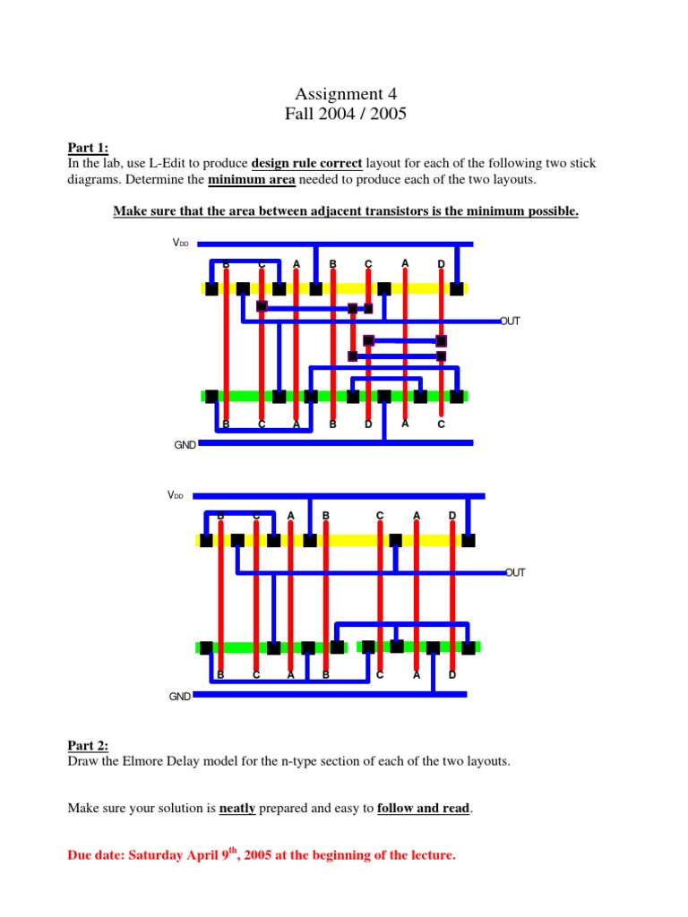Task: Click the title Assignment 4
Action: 345,94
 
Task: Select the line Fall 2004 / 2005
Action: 345,114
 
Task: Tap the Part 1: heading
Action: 88,148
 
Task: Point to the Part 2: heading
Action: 88,745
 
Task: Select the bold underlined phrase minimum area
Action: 251,180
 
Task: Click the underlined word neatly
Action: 237,808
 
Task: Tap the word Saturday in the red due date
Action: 161,855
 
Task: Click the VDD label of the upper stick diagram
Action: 181,243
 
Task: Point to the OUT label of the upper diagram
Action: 510,321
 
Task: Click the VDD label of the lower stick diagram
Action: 176,495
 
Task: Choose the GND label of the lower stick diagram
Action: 180,696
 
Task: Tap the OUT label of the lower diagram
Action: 515,571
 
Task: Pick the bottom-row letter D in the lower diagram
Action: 451,674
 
